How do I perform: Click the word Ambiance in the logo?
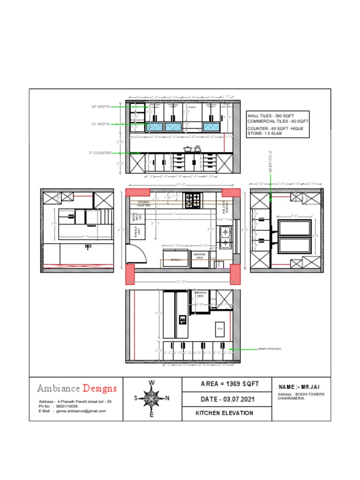(59, 388)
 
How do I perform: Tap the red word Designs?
(99, 388)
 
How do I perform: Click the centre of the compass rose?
(151, 398)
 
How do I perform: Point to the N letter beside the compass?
(167, 398)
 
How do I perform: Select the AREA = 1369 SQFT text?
(227, 384)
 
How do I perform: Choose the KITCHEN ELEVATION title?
(224, 413)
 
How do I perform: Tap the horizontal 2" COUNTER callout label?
(100, 153)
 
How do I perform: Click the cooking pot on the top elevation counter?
(187, 149)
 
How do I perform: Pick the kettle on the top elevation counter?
(197, 149)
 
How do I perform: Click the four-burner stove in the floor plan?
(193, 200)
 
